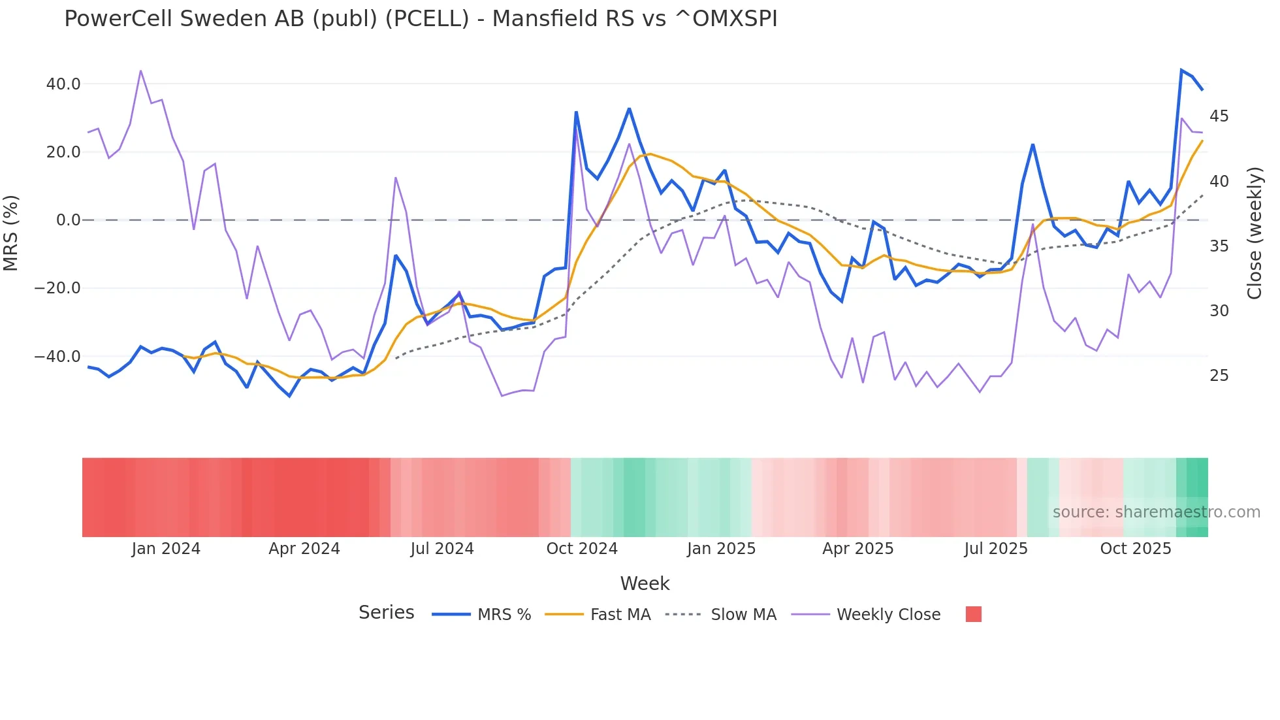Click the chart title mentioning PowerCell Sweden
[x=421, y=19]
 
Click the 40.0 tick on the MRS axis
[x=63, y=84]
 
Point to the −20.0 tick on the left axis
[x=57, y=288]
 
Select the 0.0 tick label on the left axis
[x=69, y=220]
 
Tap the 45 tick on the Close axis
[x=1219, y=116]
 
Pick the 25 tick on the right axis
[x=1219, y=376]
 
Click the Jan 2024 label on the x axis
[x=166, y=549]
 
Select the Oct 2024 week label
[x=582, y=549]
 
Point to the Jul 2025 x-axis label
[x=996, y=549]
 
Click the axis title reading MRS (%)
[x=11, y=233]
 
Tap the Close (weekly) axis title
[x=1255, y=233]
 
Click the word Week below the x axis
[x=645, y=583]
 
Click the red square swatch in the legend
[x=973, y=614]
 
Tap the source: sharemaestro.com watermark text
[x=1156, y=512]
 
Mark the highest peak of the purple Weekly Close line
[x=140, y=71]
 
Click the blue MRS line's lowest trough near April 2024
[x=289, y=396]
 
